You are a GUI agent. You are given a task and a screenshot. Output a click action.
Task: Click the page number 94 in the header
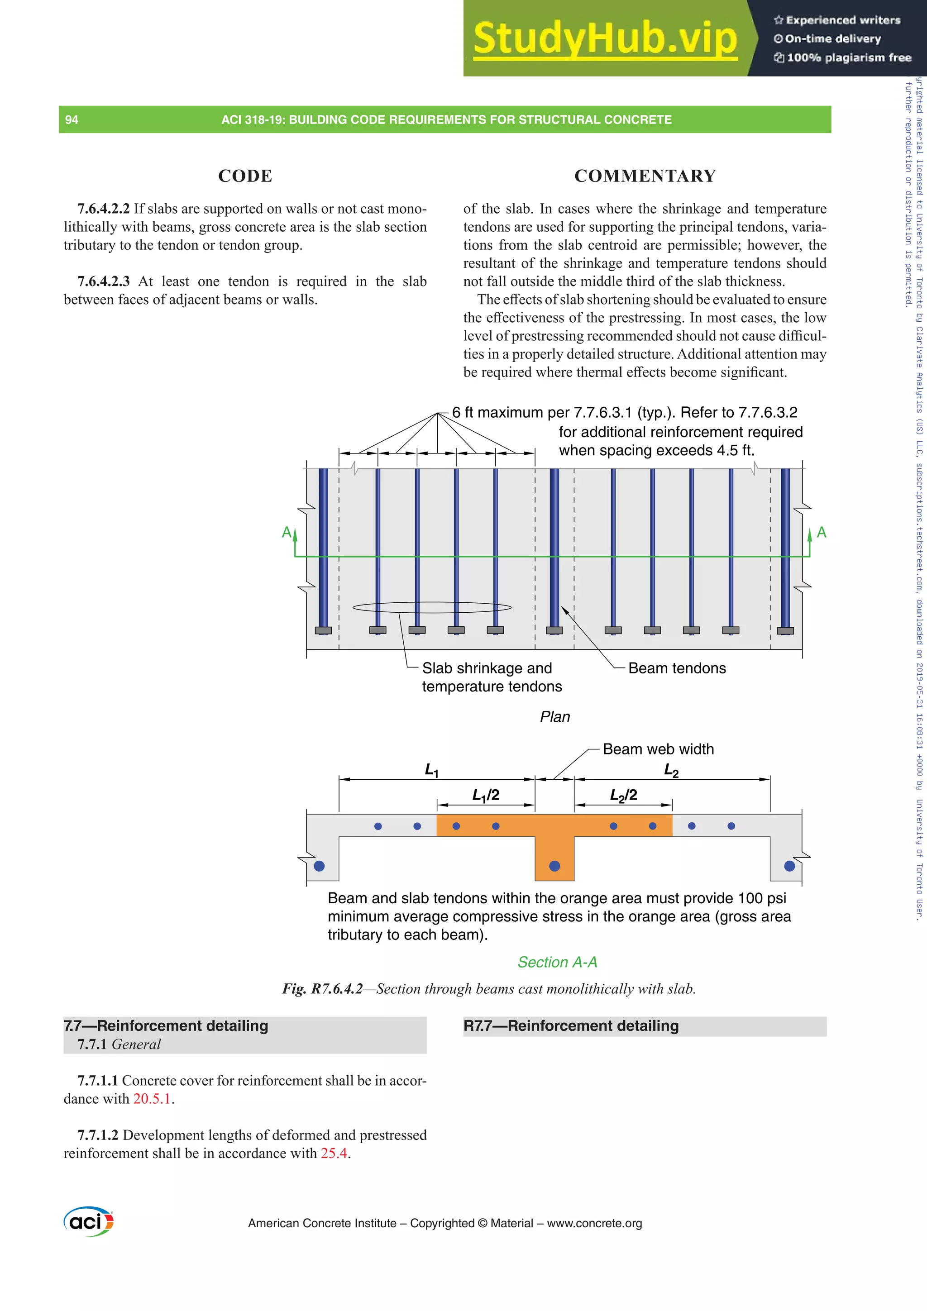pyautogui.click(x=72, y=120)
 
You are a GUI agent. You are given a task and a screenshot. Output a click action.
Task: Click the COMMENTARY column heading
pyautogui.click(x=645, y=176)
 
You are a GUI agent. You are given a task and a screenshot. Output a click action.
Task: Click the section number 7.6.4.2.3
pyautogui.click(x=103, y=281)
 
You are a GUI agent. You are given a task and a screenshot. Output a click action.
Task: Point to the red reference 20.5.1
pyautogui.click(x=152, y=1099)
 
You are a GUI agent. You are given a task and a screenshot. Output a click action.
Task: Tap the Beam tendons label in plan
pyautogui.click(x=676, y=668)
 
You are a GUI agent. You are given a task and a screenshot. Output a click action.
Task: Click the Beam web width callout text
pyautogui.click(x=658, y=749)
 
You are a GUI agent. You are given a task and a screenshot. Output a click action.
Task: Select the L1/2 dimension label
pyautogui.click(x=486, y=795)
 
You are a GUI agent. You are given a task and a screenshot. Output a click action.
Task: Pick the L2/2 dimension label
pyautogui.click(x=623, y=795)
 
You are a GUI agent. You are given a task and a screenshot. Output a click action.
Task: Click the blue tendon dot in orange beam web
pyautogui.click(x=554, y=866)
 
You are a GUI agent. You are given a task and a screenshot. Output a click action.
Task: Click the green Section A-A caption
pyautogui.click(x=557, y=962)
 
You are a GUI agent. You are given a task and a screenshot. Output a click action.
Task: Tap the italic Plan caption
pyautogui.click(x=554, y=717)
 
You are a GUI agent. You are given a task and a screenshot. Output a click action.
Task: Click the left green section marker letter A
pyautogui.click(x=287, y=532)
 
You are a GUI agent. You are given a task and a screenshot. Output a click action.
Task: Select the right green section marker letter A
pyautogui.click(x=822, y=532)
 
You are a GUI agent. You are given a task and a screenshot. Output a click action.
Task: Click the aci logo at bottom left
pyautogui.click(x=89, y=1221)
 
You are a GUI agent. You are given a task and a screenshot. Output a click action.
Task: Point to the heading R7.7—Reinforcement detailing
pyautogui.click(x=571, y=1026)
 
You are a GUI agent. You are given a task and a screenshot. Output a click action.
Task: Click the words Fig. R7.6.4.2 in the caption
pyautogui.click(x=322, y=989)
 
